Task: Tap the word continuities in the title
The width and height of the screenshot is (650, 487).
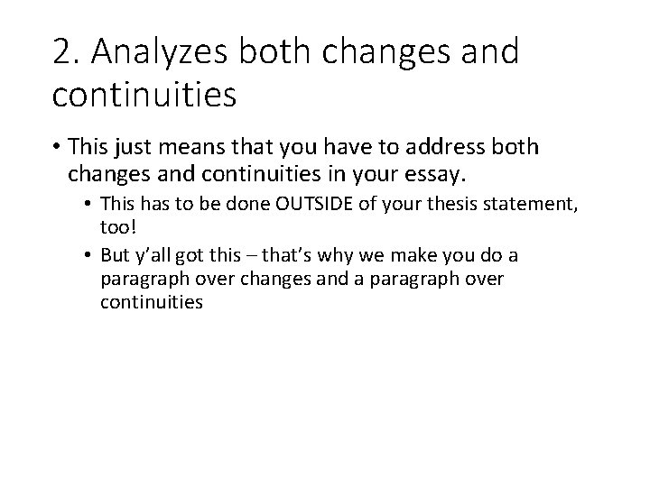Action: pos(144,93)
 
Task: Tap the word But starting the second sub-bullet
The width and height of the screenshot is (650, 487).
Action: pos(116,257)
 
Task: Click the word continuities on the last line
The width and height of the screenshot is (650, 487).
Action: pos(152,302)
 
